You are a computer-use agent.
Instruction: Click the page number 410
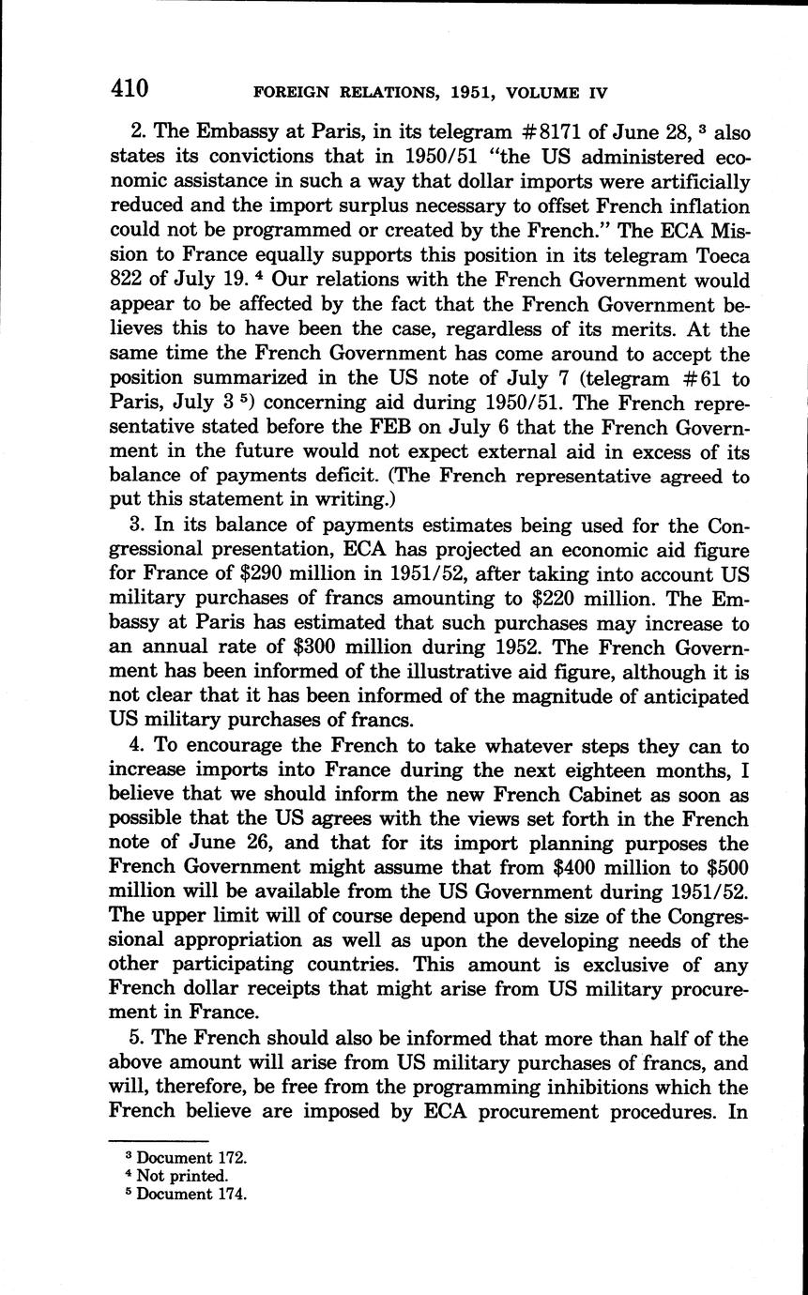click(130, 89)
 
